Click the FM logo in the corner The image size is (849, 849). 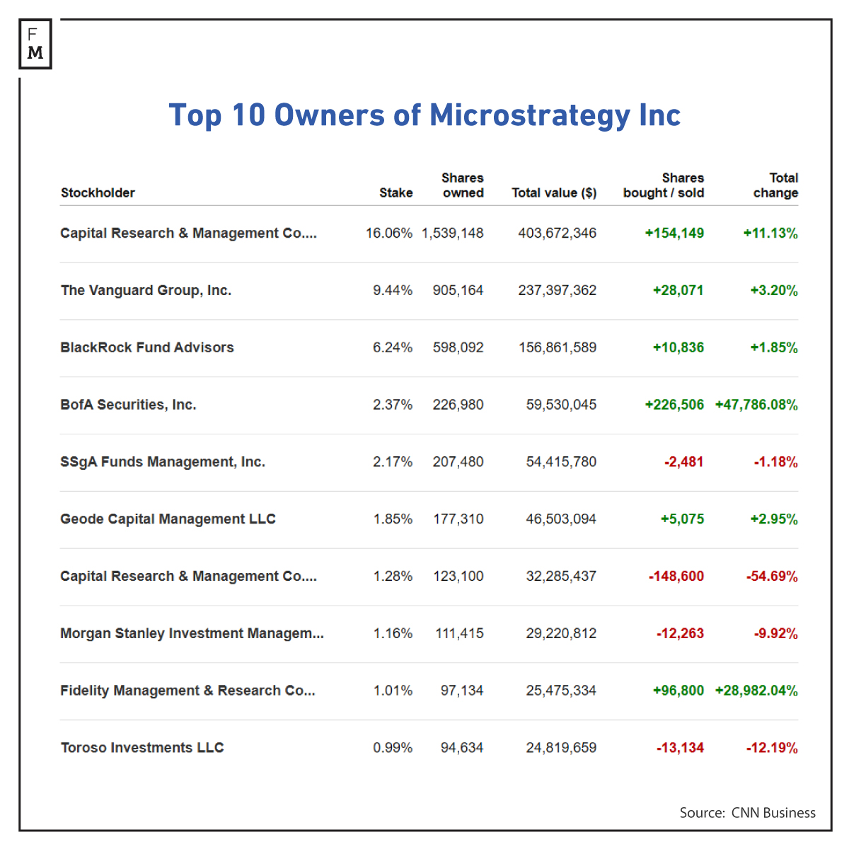pyautogui.click(x=35, y=44)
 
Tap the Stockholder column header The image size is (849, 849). pyautogui.click(x=98, y=193)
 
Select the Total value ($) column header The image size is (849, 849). pyautogui.click(x=554, y=193)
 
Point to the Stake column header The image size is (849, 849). pyautogui.click(x=395, y=193)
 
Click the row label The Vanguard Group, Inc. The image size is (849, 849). pyautogui.click(x=146, y=291)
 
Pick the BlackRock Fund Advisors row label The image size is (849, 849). pyautogui.click(x=147, y=347)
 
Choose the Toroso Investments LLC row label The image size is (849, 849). pyautogui.click(x=142, y=748)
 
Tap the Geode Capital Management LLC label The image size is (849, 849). pyautogui.click(x=168, y=519)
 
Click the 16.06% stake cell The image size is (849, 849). pyautogui.click(x=388, y=233)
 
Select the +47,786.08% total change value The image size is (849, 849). pyautogui.click(x=756, y=405)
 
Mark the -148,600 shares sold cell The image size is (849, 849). pyautogui.click(x=676, y=577)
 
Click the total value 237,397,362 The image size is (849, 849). pyautogui.click(x=557, y=291)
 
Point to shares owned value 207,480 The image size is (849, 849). pyautogui.click(x=458, y=462)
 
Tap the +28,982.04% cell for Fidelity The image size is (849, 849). pyautogui.click(x=756, y=691)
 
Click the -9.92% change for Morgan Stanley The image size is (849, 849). pyautogui.click(x=775, y=634)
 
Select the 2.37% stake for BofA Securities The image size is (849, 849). pyautogui.click(x=393, y=405)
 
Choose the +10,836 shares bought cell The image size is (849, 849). pyautogui.click(x=678, y=347)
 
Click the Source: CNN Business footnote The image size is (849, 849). pyautogui.click(x=747, y=813)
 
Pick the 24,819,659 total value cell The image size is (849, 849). pyautogui.click(x=561, y=748)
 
